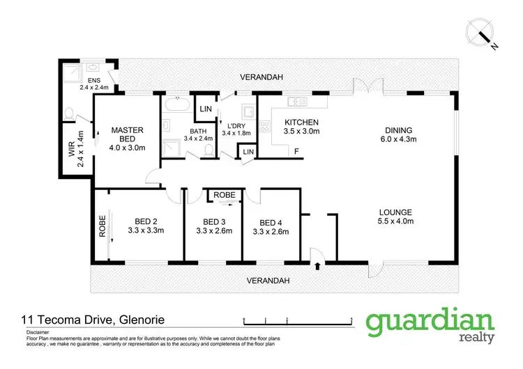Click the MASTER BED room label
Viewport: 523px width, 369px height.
tap(128, 138)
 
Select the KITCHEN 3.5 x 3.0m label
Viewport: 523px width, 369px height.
tap(301, 127)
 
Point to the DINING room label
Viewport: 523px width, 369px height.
tap(399, 134)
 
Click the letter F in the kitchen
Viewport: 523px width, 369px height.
tap(296, 151)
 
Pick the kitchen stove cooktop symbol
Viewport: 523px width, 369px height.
tap(265, 127)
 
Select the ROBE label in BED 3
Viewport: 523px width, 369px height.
tap(224, 195)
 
